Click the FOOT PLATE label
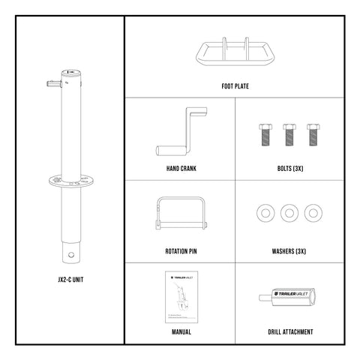click(235, 86)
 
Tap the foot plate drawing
click(234, 55)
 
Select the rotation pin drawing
click(179, 214)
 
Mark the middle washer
click(289, 213)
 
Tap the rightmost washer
click(312, 213)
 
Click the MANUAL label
click(180, 331)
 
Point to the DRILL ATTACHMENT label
click(289, 331)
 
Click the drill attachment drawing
click(289, 295)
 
